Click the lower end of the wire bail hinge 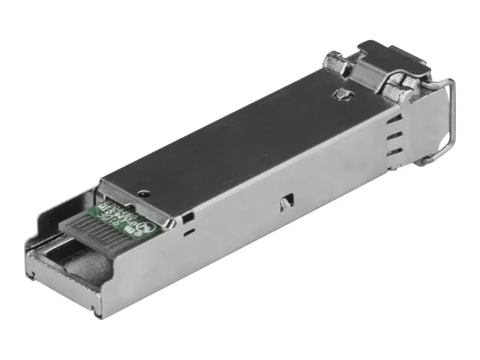pyautogui.click(x=425, y=161)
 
